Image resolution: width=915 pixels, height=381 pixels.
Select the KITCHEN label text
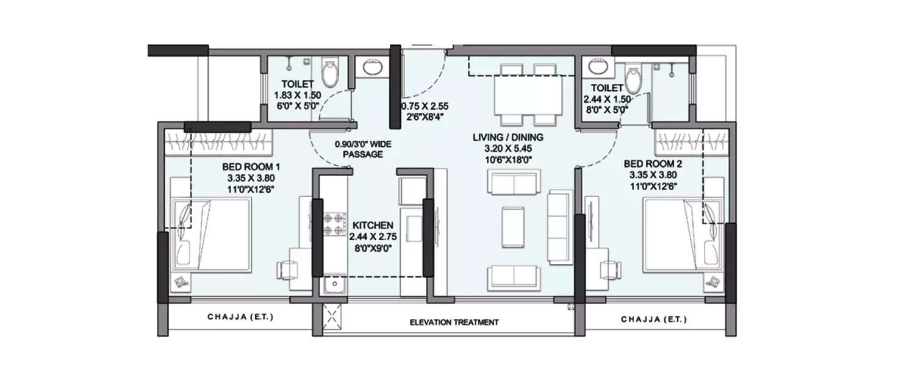click(x=371, y=226)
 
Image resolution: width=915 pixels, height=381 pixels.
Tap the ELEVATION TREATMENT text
click(x=454, y=322)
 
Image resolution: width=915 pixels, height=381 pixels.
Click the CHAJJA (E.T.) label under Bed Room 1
click(x=240, y=318)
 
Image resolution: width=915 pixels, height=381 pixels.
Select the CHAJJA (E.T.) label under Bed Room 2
click(x=654, y=319)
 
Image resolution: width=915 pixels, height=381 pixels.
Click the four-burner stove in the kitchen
click(x=334, y=224)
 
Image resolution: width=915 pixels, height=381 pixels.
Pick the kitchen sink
click(x=334, y=283)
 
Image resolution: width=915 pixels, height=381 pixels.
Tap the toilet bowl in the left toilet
click(x=329, y=73)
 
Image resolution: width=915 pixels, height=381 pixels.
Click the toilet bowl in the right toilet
click(x=634, y=76)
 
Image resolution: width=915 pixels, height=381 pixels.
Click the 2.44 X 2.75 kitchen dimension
click(x=371, y=237)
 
